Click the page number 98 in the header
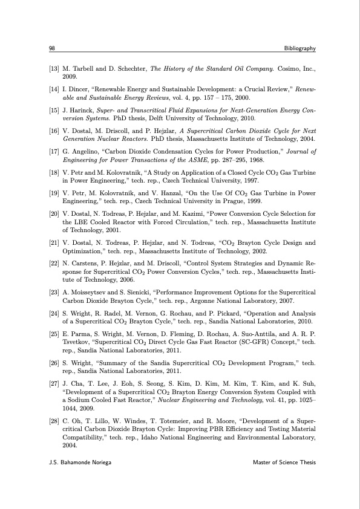[52, 48]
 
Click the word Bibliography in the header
[295, 48]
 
